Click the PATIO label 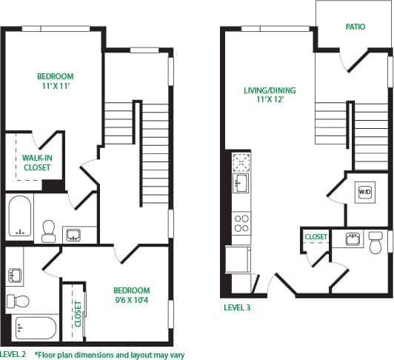[x=355, y=27]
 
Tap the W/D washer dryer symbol [x=364, y=192]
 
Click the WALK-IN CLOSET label [x=36, y=163]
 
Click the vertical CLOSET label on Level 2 [x=78, y=313]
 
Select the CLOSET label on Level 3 [x=316, y=236]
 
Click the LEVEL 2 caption [x=14, y=355]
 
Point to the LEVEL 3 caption [x=237, y=307]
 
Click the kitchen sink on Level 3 [x=241, y=183]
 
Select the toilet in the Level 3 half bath [x=375, y=243]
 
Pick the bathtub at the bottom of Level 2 [x=33, y=327]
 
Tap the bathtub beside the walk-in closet [x=20, y=217]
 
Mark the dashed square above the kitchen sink [x=241, y=161]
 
